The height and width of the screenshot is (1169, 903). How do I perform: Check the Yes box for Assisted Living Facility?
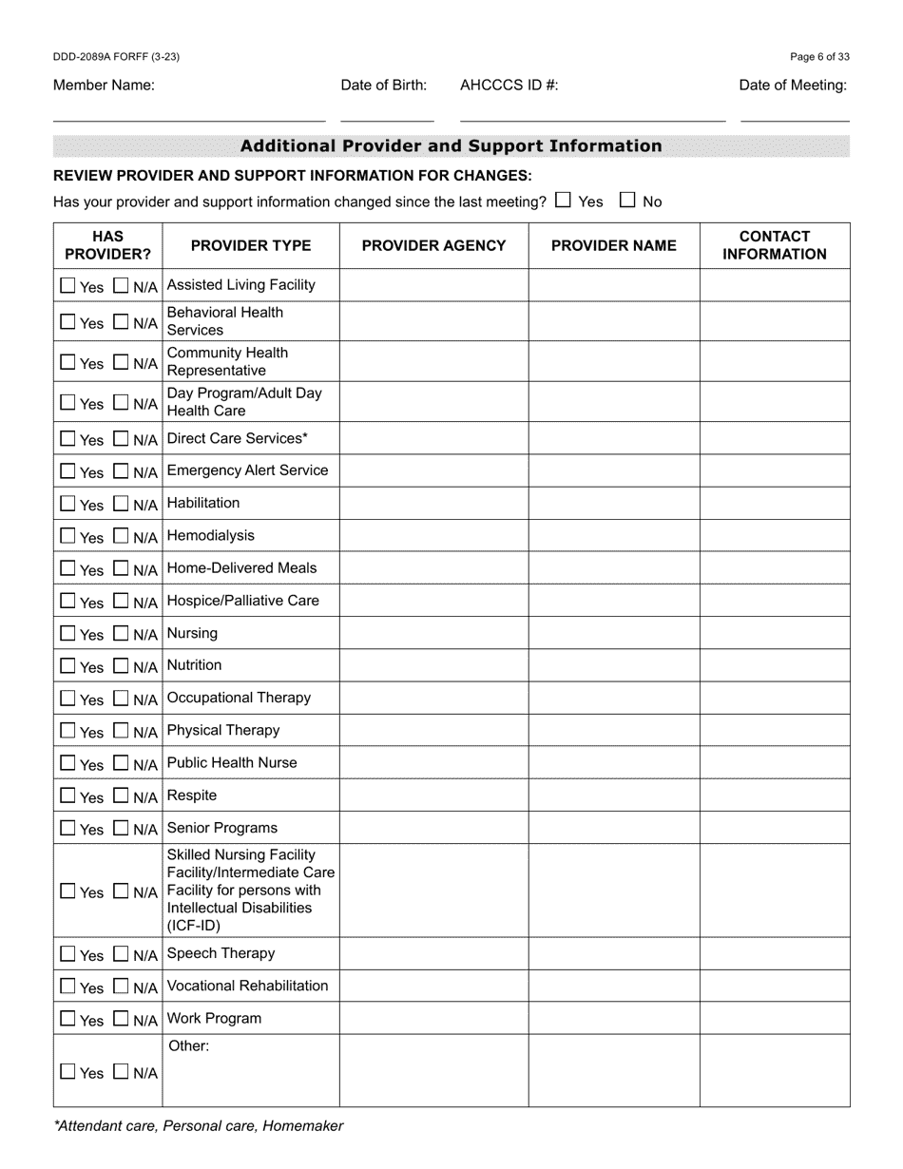[67, 285]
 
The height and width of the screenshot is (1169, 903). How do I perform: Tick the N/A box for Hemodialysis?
[121, 536]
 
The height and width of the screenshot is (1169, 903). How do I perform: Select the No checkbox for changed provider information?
[627, 200]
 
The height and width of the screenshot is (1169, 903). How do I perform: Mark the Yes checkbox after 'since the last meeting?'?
[563, 200]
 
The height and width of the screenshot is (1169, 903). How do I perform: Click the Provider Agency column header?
[433, 245]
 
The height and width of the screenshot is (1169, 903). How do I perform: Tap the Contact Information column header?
[774, 245]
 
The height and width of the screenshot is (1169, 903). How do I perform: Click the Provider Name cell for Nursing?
[614, 633]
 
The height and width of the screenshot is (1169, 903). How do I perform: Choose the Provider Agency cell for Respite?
[433, 795]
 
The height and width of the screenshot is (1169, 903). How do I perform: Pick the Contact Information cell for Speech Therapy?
[774, 953]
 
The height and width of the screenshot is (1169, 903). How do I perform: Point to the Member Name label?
[104, 85]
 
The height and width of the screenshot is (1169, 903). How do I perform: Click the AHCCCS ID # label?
[509, 85]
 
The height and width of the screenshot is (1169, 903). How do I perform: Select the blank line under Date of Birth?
[387, 115]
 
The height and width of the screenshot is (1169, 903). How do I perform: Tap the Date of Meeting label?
[793, 85]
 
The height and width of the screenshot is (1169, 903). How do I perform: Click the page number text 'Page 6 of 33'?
[819, 57]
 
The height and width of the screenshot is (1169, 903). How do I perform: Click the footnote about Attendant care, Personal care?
[199, 1126]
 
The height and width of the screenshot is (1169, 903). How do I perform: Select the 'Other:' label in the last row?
[188, 1046]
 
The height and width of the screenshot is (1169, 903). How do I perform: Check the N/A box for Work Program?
[121, 1019]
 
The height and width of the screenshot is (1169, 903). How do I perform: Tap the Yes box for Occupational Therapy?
[67, 699]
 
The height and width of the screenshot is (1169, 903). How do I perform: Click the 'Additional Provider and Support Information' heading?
[451, 145]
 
